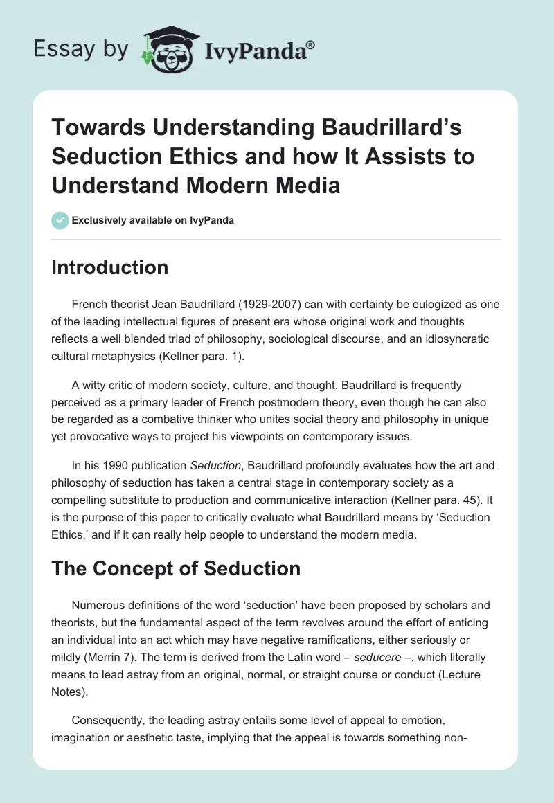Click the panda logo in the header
(x=169, y=49)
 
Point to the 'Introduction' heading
(x=109, y=268)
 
